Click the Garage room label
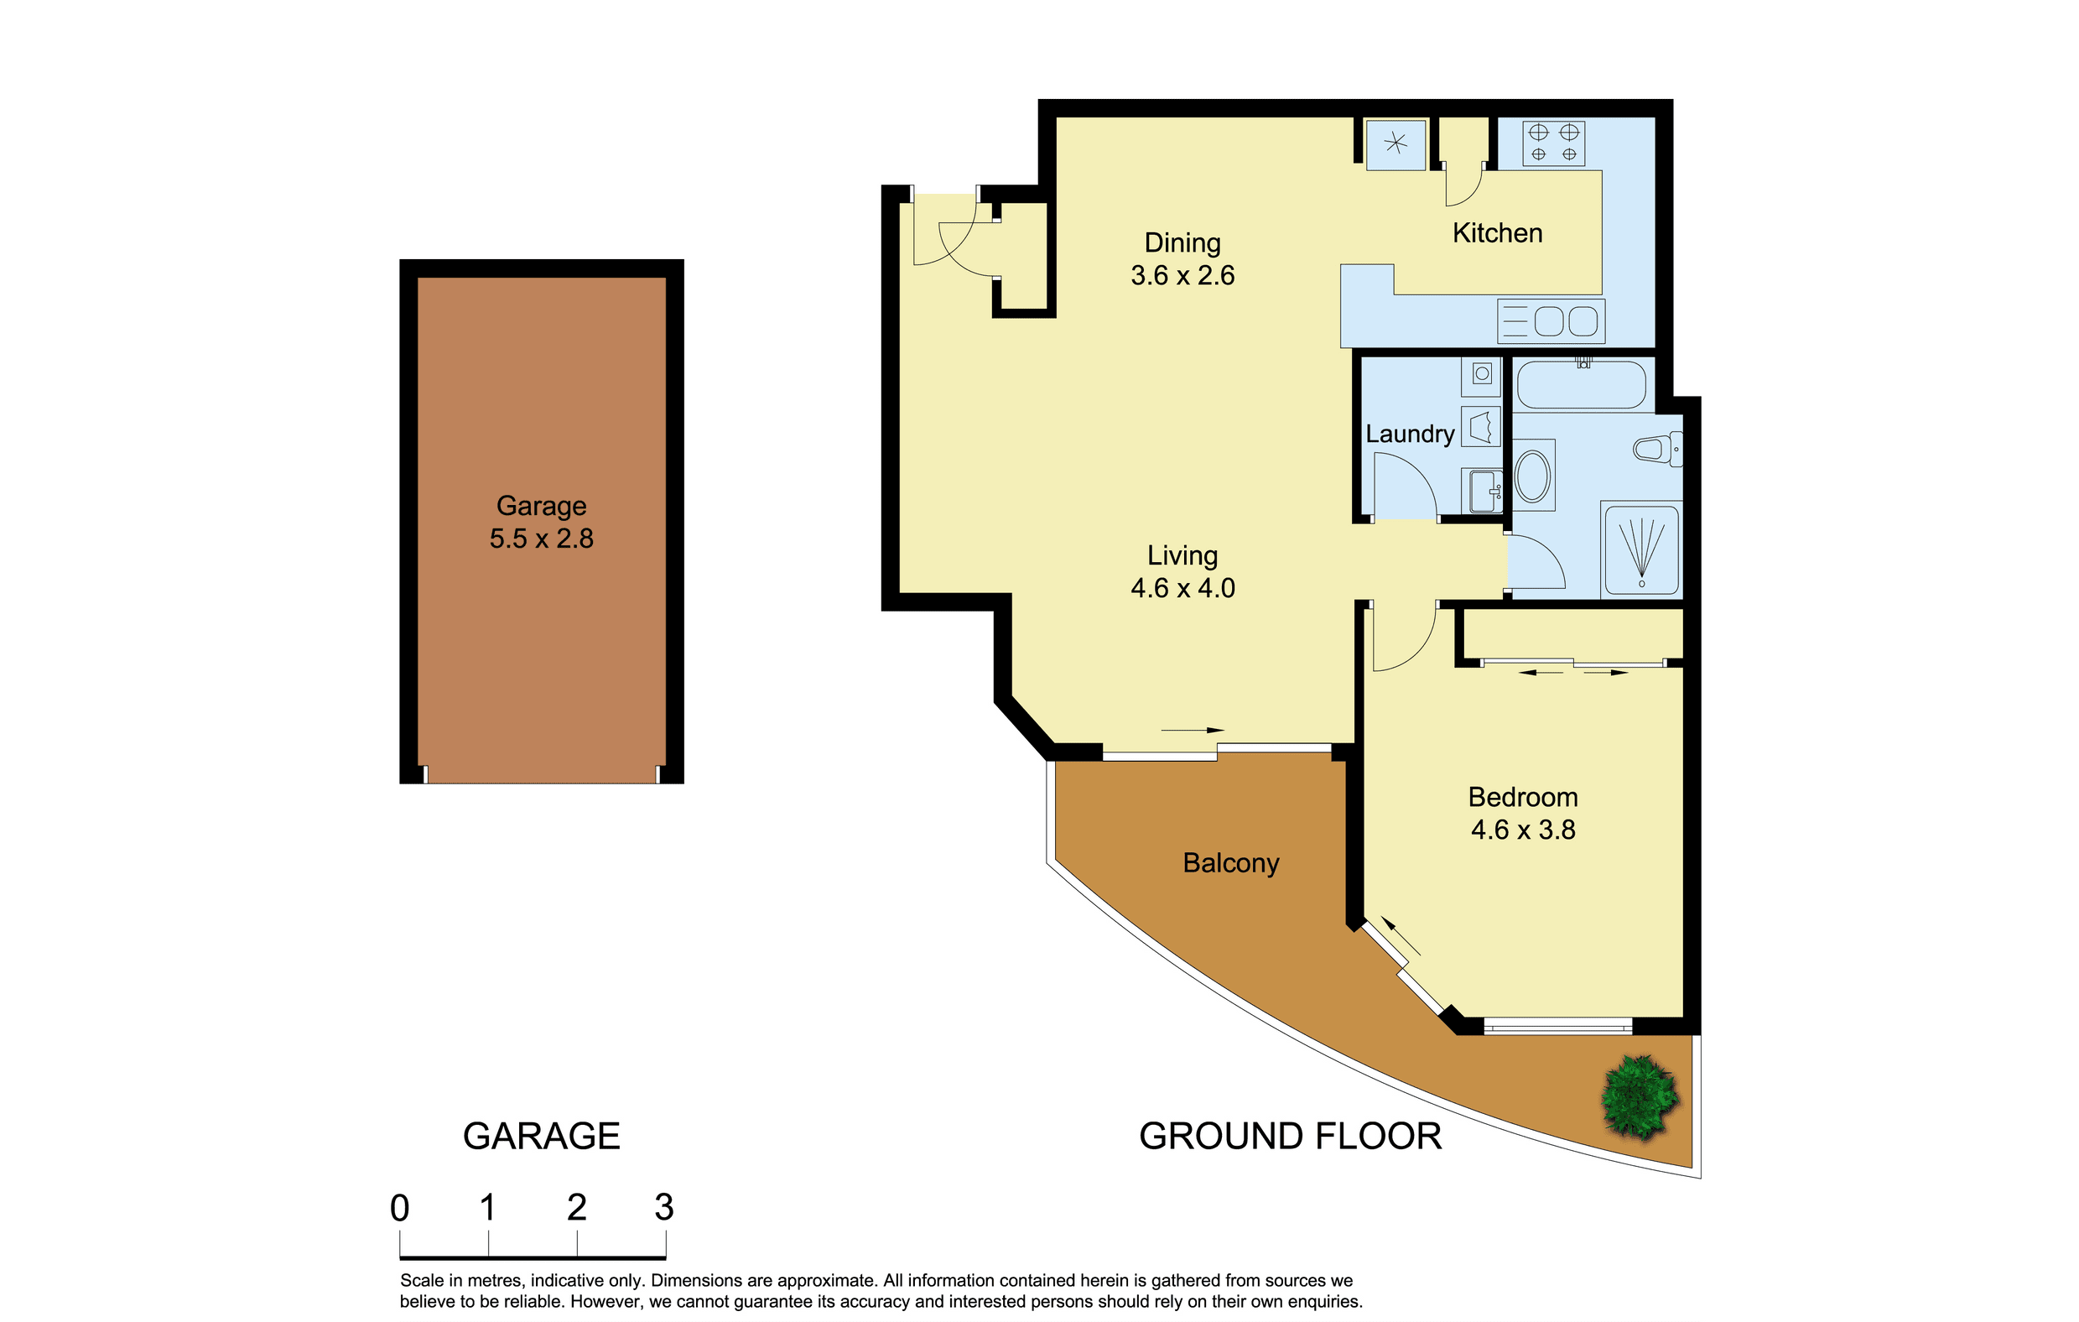541,506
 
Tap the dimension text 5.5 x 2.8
541,539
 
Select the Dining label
1182,243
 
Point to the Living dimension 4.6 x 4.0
1182,588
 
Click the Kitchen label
1497,233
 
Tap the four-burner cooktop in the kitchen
1553,143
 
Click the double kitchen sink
1551,321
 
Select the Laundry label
1410,434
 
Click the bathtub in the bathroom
1582,385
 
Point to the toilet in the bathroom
1658,449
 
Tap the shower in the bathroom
1641,549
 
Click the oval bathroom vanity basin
1532,476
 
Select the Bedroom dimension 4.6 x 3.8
1523,830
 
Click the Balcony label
1230,863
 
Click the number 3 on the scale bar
664,1207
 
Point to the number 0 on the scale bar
400,1208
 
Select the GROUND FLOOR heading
1291,1137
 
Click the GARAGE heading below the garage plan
541,1137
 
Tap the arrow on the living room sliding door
1193,731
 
